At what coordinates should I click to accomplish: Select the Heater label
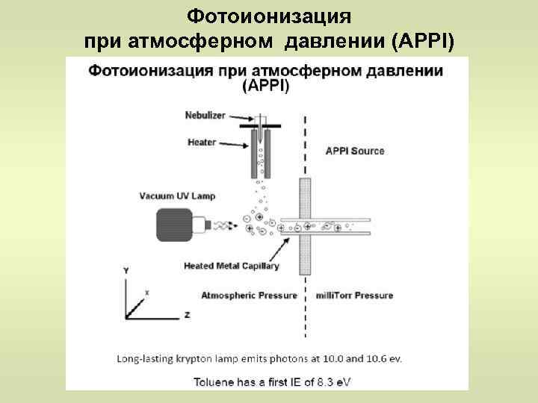(201, 141)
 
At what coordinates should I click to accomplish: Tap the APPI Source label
(355, 151)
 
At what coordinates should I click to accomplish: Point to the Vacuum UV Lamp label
(177, 196)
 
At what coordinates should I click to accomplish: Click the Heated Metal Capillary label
(231, 266)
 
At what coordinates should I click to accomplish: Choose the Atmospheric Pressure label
(249, 296)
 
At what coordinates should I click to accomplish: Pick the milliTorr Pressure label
(355, 296)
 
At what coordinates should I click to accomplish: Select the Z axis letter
(187, 315)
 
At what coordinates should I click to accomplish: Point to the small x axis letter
(146, 293)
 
